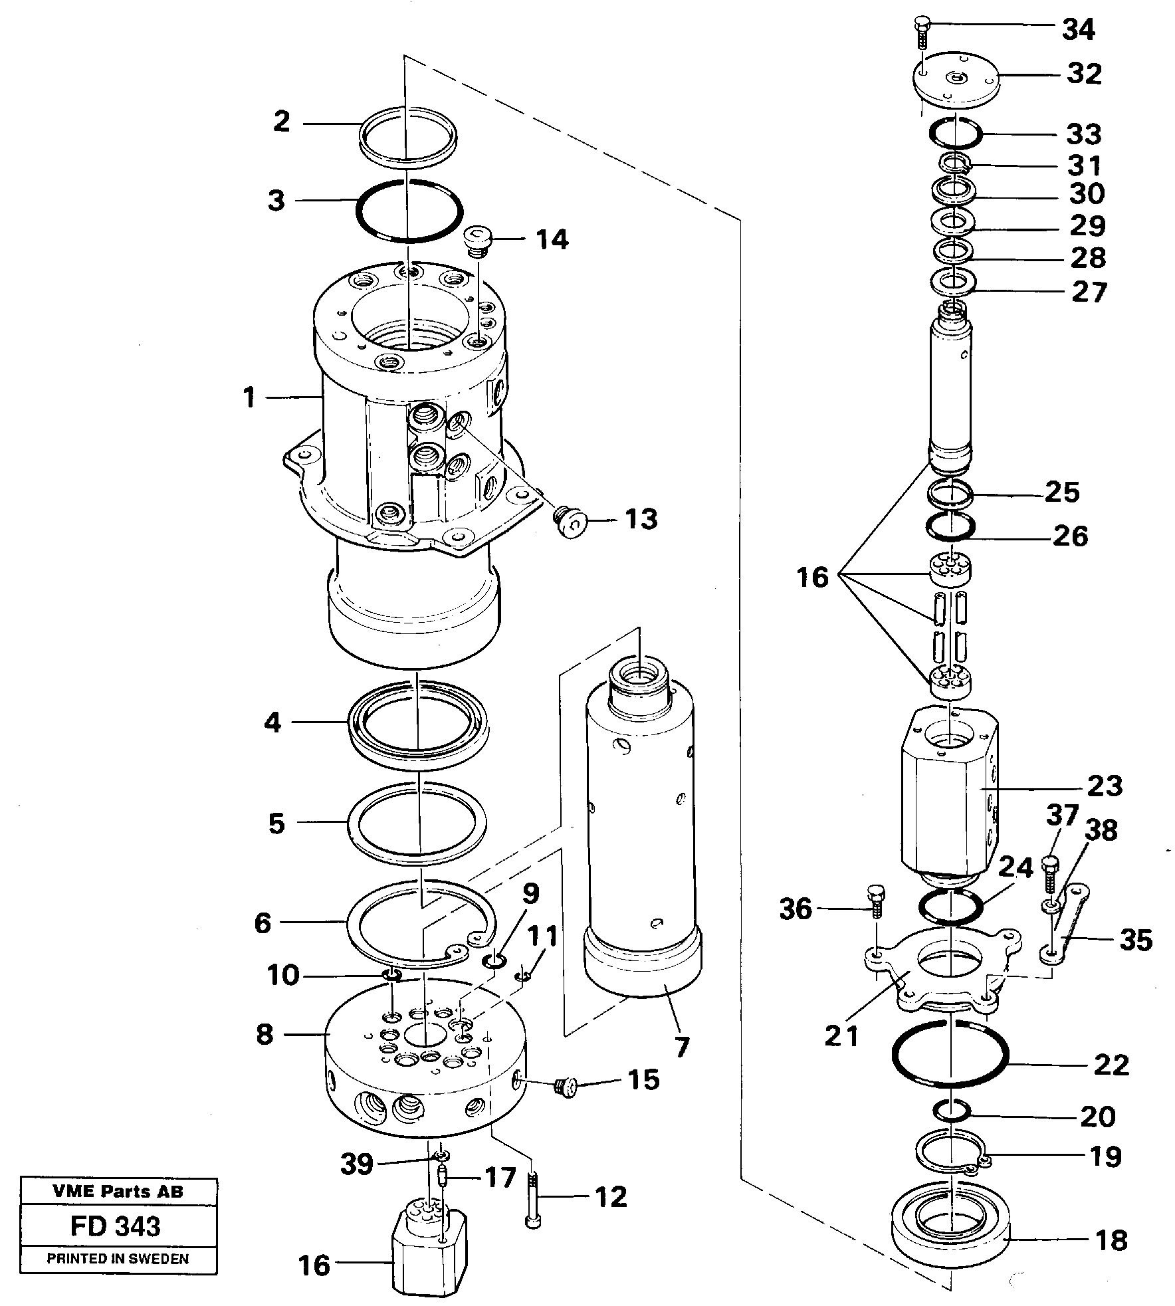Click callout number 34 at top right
pos(1077,30)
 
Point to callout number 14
pos(552,239)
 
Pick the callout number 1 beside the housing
pos(249,398)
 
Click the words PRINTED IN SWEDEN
pos(118,1259)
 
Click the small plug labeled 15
pos(564,1088)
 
